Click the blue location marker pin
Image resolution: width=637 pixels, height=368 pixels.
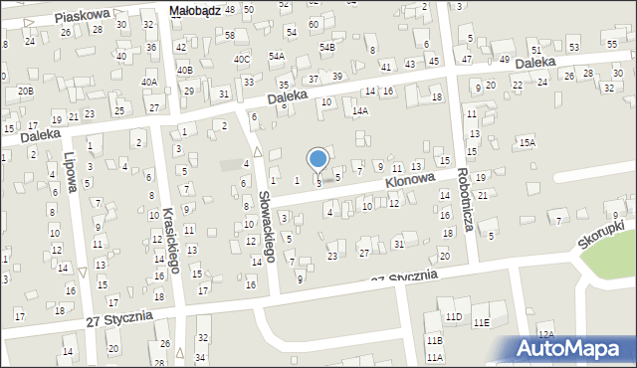[318, 159]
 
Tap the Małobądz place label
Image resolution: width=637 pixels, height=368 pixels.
[194, 10]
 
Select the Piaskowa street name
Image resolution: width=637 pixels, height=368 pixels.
[82, 17]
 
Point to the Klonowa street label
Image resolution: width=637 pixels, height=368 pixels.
[411, 182]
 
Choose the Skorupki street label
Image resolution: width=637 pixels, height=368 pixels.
[600, 236]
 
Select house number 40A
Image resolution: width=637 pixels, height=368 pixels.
[149, 83]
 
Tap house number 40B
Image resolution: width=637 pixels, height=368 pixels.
[184, 71]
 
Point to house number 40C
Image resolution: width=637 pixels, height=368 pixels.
[242, 60]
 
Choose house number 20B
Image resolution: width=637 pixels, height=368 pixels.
[25, 92]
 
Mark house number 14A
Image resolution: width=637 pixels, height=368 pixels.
[360, 111]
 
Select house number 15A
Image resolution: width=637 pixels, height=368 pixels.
[527, 143]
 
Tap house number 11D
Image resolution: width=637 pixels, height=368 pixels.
[454, 317]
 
